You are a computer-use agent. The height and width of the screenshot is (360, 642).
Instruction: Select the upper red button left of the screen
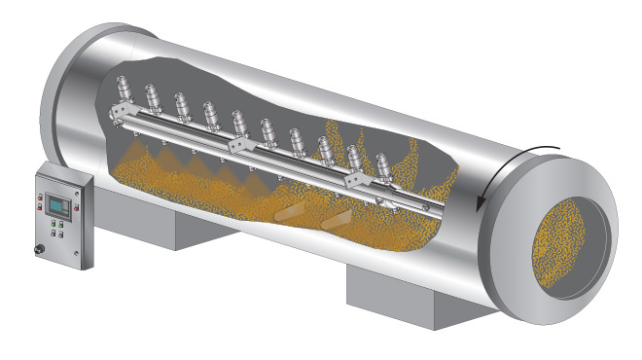[x=41, y=198]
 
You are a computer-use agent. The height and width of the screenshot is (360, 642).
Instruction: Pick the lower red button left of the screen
[x=41, y=207]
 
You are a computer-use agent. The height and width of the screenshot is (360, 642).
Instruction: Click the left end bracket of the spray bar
[x=117, y=116]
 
